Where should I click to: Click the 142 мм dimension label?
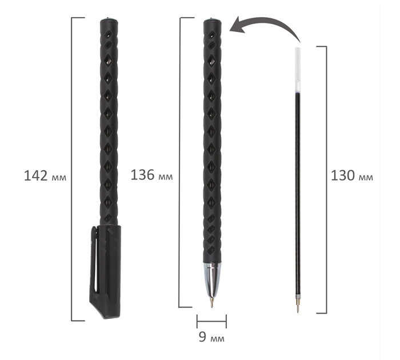(x=45, y=176)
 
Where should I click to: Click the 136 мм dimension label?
(x=151, y=175)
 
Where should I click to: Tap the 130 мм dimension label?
(x=352, y=175)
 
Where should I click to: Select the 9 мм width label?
(x=212, y=337)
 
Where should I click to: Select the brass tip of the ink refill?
(x=298, y=305)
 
